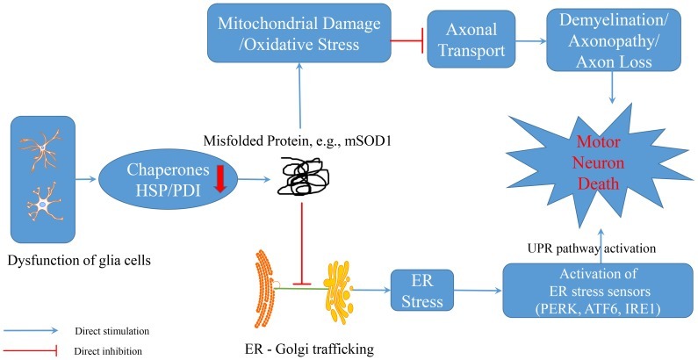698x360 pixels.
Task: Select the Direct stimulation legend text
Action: pyautogui.click(x=127, y=331)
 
